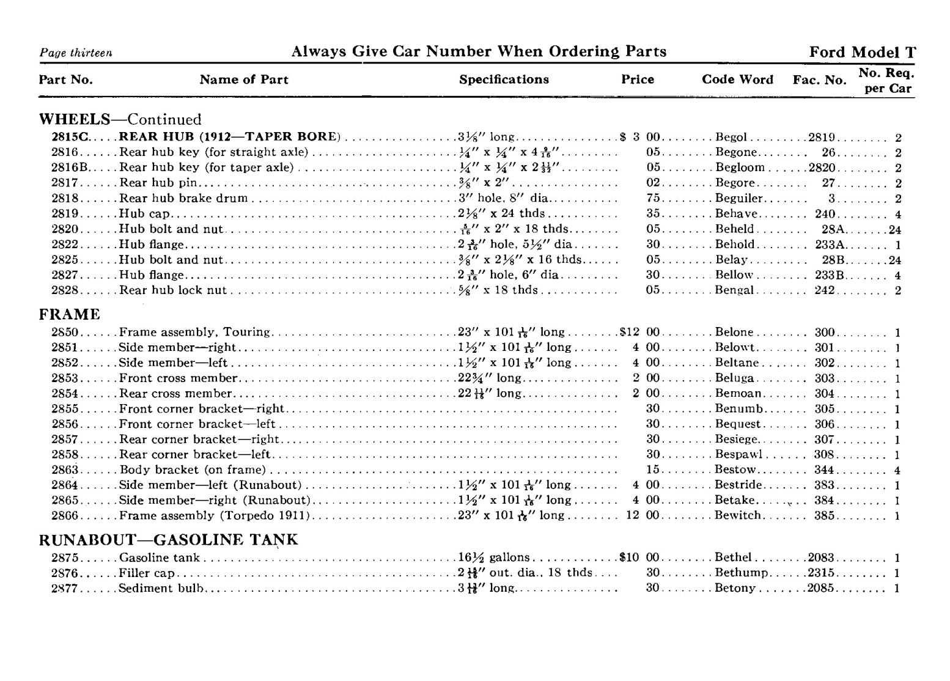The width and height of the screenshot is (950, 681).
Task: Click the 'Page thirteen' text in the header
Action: point(76,53)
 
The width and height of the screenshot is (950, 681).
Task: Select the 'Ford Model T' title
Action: point(862,53)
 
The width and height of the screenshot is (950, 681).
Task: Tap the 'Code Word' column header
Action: point(737,79)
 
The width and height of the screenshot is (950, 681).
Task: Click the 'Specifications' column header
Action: point(504,79)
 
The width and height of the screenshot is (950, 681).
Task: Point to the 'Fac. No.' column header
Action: point(819,80)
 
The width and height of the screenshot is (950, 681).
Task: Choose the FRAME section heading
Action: point(70,314)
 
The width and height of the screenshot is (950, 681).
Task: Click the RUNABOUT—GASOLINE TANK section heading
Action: point(168,540)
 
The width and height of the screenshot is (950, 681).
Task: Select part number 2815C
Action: point(67,137)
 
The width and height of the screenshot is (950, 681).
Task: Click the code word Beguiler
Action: point(738,198)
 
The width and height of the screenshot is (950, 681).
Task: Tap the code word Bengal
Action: point(734,290)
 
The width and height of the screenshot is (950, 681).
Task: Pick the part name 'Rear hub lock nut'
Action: point(172,290)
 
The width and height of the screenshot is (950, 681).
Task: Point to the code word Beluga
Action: point(734,378)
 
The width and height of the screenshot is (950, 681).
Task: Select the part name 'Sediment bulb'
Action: point(161,589)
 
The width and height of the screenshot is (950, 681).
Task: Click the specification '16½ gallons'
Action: point(494,558)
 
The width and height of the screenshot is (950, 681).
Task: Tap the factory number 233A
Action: point(829,245)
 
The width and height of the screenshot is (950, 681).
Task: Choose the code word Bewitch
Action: point(738,515)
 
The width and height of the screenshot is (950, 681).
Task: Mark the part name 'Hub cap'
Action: point(144,214)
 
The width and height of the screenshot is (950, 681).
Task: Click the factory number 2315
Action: point(820,573)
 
